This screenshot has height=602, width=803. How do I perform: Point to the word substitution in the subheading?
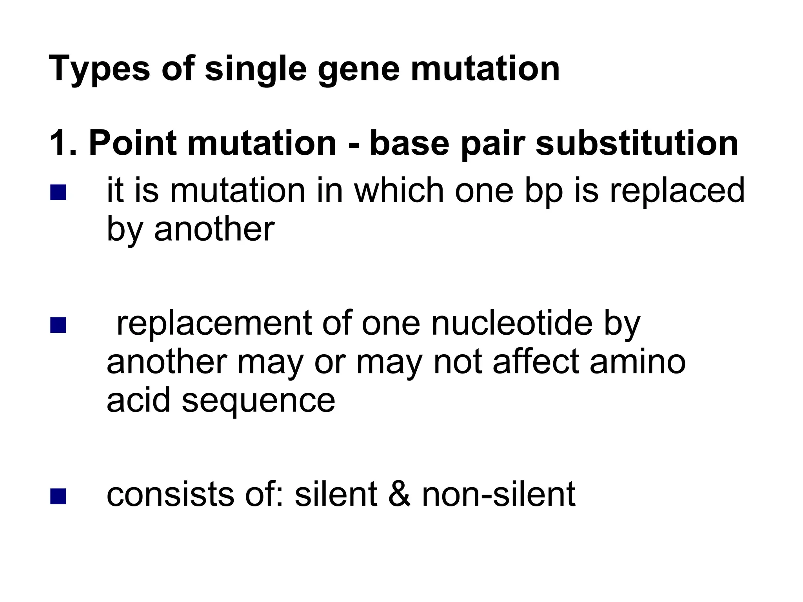coord(637,143)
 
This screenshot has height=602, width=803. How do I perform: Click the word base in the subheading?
coord(409,143)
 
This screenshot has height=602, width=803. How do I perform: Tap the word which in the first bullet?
coord(399,191)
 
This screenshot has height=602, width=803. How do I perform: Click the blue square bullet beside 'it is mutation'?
coord(58,192)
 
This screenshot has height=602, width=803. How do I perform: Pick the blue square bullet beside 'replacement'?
coord(58,325)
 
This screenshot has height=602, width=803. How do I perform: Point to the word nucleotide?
coord(512,324)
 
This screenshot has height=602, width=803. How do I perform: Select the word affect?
coord(536,362)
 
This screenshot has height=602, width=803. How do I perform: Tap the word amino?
coord(638,362)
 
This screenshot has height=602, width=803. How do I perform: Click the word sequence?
coord(258,401)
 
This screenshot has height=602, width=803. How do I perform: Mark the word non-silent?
coord(498,495)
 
